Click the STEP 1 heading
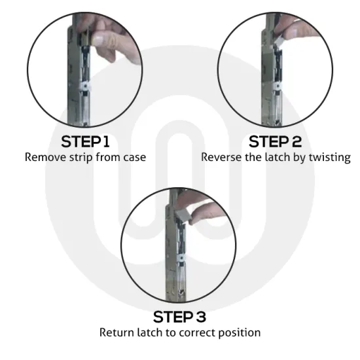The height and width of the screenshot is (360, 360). coord(85,142)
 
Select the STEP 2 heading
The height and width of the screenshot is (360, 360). coord(275,142)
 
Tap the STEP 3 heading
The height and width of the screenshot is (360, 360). coord(179,317)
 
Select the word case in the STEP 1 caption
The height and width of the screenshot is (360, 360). coord(134,158)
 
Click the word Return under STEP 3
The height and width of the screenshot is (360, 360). coord(116,333)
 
